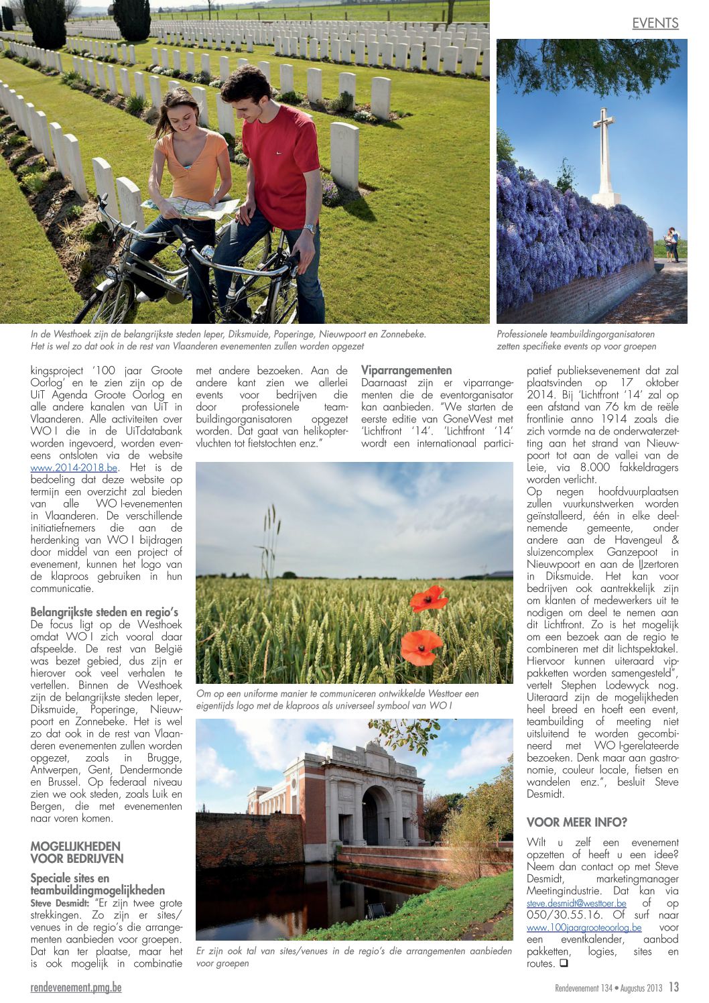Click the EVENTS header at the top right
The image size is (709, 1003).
point(655,23)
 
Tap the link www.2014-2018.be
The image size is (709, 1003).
point(74,468)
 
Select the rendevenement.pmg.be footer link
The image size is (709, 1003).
point(76,988)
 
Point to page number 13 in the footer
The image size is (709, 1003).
point(673,987)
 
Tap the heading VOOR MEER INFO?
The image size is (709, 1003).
point(576,822)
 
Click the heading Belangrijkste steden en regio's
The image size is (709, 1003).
point(104,612)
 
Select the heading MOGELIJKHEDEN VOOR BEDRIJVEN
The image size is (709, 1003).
point(77,852)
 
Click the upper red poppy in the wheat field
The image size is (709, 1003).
point(428,599)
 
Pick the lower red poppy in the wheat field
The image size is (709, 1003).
point(420,647)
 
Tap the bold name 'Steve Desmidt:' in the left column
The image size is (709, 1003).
point(60,903)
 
